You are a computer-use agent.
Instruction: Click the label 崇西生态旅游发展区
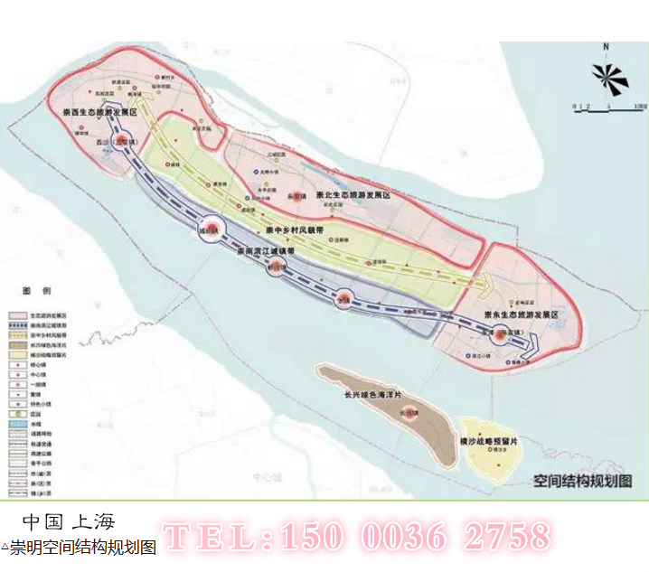(99, 112)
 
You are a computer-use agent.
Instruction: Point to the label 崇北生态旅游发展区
(352, 195)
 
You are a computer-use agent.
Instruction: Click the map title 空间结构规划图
(578, 480)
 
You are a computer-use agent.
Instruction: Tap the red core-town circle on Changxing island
(408, 416)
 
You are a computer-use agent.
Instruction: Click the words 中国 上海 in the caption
(69, 522)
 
